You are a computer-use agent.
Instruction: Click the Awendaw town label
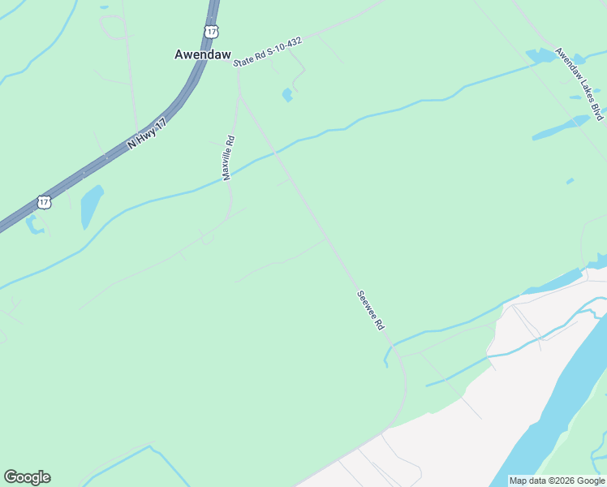[x=203, y=54]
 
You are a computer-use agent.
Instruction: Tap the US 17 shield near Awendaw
[x=212, y=31]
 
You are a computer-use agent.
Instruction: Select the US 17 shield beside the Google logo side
[x=44, y=201]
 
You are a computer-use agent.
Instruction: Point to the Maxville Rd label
[x=229, y=157]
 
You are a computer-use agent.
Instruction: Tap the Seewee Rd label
[x=369, y=310]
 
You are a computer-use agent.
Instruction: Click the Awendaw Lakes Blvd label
[x=579, y=84]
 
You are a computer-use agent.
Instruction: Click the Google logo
[x=27, y=477]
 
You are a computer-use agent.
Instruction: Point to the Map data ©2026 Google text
[x=557, y=481]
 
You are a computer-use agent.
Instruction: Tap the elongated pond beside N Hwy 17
[x=92, y=206]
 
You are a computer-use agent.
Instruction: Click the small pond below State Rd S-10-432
[x=286, y=95]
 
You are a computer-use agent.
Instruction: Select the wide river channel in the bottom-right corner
[x=560, y=406]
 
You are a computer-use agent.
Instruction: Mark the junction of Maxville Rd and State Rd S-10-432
[x=238, y=68]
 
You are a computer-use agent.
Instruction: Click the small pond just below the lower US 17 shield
[x=35, y=225]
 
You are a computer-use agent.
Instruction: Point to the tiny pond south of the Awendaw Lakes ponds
[x=570, y=180]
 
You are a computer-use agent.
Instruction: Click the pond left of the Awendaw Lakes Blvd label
[x=540, y=56]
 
